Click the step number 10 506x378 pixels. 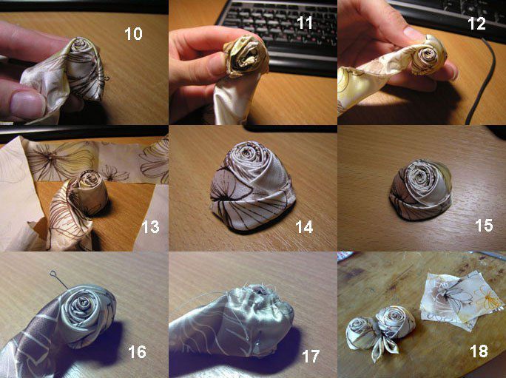[x=133, y=34]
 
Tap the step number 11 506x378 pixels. [x=305, y=23]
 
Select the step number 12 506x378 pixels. [x=476, y=24]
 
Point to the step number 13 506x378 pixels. [x=150, y=227]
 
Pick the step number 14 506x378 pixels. [x=304, y=227]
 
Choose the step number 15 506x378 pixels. [x=484, y=225]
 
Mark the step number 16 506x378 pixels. [x=137, y=352]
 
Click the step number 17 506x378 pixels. [x=311, y=357]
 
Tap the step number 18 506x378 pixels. [x=479, y=351]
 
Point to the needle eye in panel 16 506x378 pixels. [x=53, y=274]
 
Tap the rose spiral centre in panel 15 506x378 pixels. [x=419, y=175]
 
